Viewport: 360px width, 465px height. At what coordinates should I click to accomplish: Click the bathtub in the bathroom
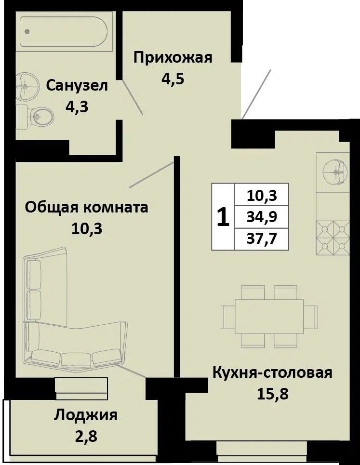[64, 31]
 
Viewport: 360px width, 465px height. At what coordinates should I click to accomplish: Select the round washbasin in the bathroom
[26, 86]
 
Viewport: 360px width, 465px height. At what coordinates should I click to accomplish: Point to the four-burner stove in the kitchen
[333, 238]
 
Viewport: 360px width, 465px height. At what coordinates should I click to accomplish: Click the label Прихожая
[173, 57]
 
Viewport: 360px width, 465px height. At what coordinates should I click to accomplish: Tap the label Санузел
[77, 86]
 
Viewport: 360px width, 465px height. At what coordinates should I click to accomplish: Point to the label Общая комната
[86, 207]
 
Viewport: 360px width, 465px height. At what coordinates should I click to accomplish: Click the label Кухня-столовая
[272, 373]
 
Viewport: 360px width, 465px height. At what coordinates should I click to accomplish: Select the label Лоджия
[86, 415]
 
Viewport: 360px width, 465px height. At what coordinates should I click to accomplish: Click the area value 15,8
[272, 394]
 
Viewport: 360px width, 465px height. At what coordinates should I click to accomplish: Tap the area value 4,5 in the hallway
[173, 79]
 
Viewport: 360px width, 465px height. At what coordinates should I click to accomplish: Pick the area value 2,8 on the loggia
[86, 436]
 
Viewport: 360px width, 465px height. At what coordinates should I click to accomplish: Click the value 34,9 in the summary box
[262, 217]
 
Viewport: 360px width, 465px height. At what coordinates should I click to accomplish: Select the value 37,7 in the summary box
[262, 239]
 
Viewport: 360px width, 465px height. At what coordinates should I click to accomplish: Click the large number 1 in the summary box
[223, 217]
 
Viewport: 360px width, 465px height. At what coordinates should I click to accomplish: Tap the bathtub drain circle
[27, 31]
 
